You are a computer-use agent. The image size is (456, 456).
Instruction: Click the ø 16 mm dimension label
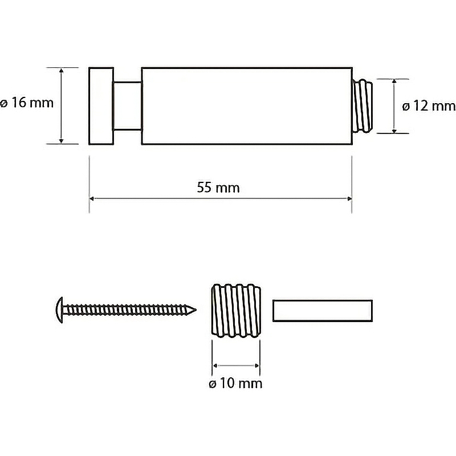pos(27,103)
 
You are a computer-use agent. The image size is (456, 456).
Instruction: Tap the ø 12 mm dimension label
pos(429,106)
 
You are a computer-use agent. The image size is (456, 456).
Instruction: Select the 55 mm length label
pos(218,188)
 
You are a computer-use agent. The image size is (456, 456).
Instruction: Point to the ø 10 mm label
pos(235,383)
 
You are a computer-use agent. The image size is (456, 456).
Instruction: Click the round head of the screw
pos(60,310)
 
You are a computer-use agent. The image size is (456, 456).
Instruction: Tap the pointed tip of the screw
pos(194,310)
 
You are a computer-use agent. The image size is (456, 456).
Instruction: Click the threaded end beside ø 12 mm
pos(363,106)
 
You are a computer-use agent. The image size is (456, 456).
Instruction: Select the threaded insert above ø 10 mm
pos(235,311)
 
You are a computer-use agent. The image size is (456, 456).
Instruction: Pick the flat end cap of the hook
pos(101,106)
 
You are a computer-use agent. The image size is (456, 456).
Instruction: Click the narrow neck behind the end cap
pos(127,106)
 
